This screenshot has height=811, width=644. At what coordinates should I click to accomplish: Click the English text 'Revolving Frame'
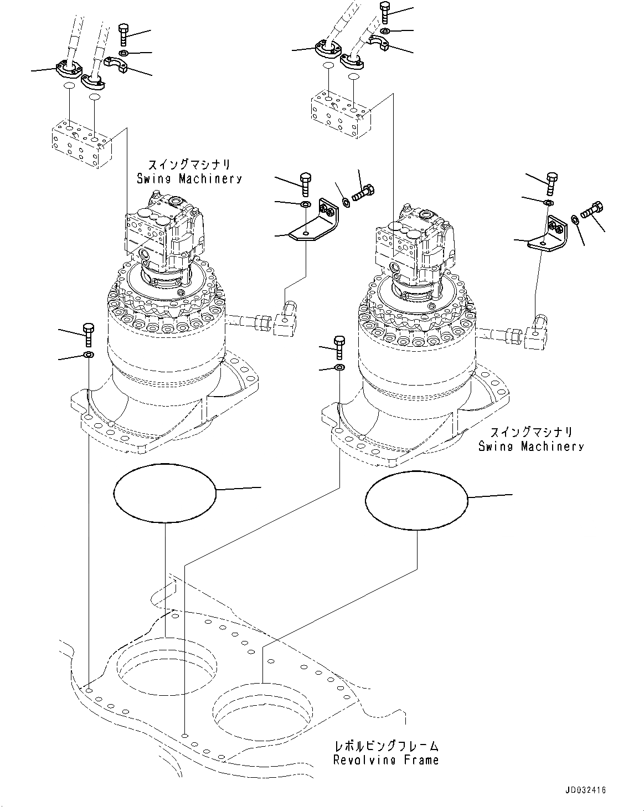pyautogui.click(x=385, y=760)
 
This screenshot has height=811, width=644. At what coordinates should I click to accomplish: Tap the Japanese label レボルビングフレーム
pyautogui.click(x=385, y=746)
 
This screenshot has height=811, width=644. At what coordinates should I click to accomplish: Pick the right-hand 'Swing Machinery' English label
pyautogui.click(x=531, y=446)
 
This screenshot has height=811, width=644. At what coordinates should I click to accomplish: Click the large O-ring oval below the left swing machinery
pyautogui.click(x=164, y=492)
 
